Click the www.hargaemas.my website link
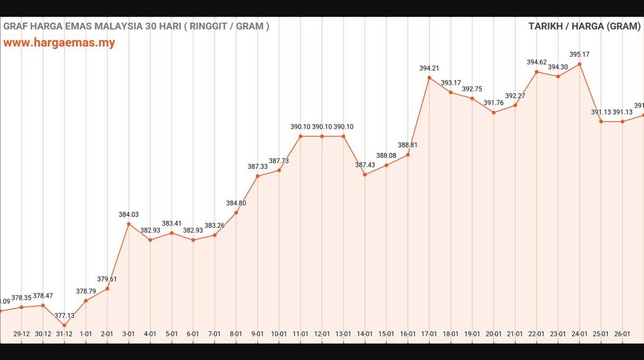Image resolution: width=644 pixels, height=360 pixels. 59,43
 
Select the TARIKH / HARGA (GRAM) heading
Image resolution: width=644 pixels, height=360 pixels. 584,26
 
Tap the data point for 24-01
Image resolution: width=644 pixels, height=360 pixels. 579,64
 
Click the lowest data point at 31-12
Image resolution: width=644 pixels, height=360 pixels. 65,325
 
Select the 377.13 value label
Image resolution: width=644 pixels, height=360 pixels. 65,316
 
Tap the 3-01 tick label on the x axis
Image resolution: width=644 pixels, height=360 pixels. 128,334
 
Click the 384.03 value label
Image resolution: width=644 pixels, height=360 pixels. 128,214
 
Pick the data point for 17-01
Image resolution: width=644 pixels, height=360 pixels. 429,78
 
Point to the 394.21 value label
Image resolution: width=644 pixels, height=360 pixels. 429,68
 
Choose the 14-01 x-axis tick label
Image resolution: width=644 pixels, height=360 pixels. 364,334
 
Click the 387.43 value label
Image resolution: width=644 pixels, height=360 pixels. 365,165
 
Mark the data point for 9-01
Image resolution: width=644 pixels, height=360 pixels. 257,176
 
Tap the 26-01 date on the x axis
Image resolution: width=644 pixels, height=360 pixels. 622,334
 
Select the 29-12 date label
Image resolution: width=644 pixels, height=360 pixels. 22,334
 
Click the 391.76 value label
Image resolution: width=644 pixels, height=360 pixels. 493,103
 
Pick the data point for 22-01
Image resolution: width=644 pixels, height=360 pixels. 536,71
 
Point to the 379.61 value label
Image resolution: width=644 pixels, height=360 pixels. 107,279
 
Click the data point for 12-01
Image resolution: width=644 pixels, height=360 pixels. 322,136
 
